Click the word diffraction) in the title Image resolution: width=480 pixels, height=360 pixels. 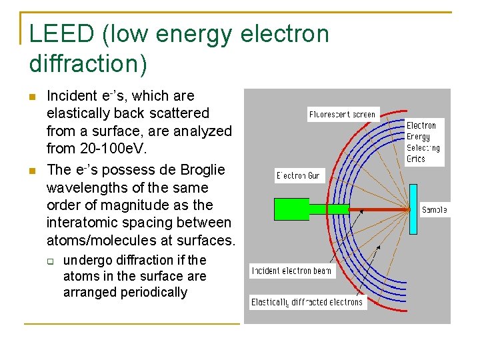88,64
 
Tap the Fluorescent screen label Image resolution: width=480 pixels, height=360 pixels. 343,115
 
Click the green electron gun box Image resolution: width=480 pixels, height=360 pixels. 292,209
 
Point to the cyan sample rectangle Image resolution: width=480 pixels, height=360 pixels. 413,209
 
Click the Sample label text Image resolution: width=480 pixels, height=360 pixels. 434,210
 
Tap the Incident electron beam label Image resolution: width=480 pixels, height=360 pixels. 291,271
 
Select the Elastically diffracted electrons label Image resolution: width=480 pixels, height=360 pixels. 307,302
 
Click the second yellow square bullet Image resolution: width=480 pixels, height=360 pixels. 31,170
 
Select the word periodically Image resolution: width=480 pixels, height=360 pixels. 153,292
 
